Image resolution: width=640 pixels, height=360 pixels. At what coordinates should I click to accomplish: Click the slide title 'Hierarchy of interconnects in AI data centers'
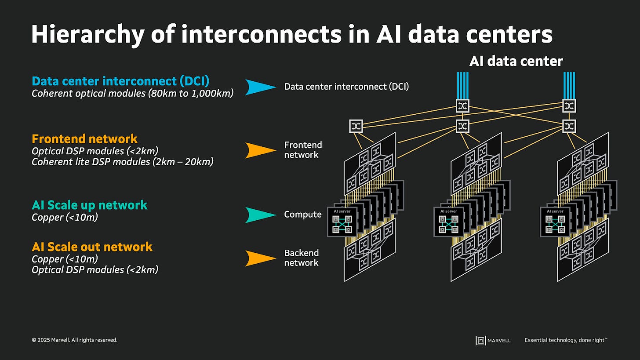pyautogui.click(x=291, y=34)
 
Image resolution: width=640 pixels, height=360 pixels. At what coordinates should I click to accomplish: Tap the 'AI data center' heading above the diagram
pyautogui.click(x=516, y=61)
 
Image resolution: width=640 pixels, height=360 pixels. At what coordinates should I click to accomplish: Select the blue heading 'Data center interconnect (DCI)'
pyautogui.click(x=120, y=81)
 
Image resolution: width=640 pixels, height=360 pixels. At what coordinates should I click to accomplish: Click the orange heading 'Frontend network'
pyautogui.click(x=84, y=139)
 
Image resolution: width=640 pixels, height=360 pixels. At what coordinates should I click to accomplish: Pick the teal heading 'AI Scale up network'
pyautogui.click(x=89, y=205)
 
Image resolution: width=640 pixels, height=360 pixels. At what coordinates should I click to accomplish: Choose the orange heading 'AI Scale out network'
pyautogui.click(x=92, y=247)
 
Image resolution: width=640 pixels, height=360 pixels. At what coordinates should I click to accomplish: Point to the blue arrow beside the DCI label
pyautogui.click(x=261, y=87)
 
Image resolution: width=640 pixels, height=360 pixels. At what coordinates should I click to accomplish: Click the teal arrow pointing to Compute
pyautogui.click(x=261, y=215)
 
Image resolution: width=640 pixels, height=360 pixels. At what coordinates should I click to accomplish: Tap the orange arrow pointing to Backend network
pyautogui.click(x=261, y=258)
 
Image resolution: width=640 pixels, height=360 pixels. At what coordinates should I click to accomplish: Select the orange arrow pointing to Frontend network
pyautogui.click(x=261, y=150)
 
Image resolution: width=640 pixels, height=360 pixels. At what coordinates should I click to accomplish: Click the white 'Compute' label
pyautogui.click(x=303, y=215)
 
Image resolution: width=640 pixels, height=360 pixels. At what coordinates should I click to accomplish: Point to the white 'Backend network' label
pyautogui.click(x=301, y=258)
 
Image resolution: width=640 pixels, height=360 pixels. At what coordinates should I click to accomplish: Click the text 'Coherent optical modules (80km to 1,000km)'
pyautogui.click(x=132, y=94)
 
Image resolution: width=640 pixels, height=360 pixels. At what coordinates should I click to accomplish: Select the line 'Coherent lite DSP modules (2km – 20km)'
pyautogui.click(x=122, y=162)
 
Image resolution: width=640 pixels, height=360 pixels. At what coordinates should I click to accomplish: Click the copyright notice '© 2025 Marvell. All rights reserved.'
pyautogui.click(x=74, y=340)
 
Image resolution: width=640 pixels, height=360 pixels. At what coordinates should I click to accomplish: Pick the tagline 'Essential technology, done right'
pyautogui.click(x=566, y=340)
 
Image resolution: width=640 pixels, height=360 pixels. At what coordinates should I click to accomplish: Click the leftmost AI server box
pyautogui.click(x=342, y=222)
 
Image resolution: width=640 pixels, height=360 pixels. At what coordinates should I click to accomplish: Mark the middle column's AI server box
pyautogui.click(x=448, y=222)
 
